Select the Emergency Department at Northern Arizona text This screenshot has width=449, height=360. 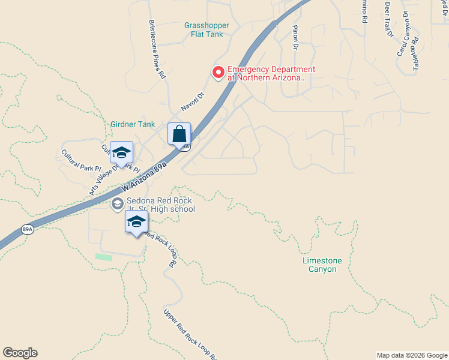coord(267,73)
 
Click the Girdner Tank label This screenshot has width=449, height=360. coord(133,125)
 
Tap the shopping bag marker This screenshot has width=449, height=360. coord(179,134)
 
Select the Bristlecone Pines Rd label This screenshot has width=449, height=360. coord(156,49)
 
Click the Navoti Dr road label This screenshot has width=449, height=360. coord(193,102)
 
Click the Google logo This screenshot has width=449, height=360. coord(20,353)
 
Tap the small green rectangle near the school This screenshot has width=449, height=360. coord(104,257)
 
